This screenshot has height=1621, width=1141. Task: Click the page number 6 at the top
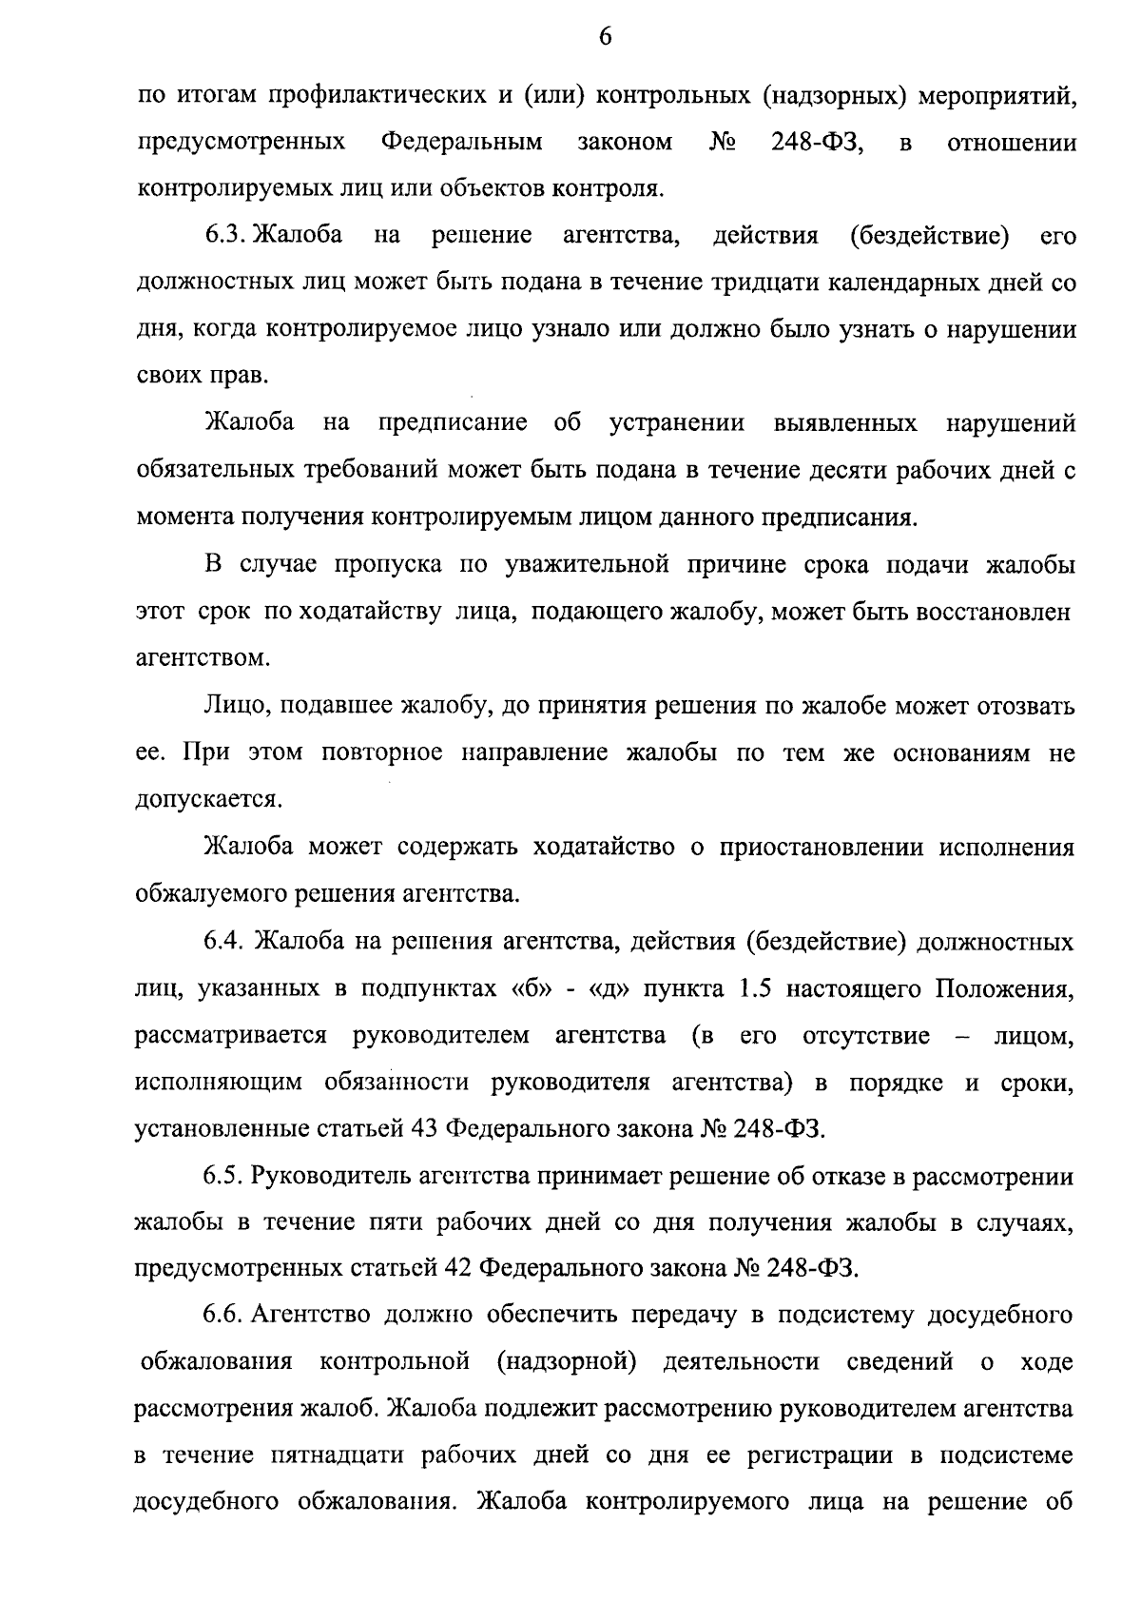pos(605,37)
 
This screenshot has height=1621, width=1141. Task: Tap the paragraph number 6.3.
pos(223,236)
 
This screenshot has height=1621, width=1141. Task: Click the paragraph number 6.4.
pos(223,942)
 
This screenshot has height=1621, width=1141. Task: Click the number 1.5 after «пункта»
pos(755,988)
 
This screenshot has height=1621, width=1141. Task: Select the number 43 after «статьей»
pos(423,1129)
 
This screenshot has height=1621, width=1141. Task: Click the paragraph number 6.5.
pos(223,1177)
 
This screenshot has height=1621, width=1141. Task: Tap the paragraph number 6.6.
pos(223,1317)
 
